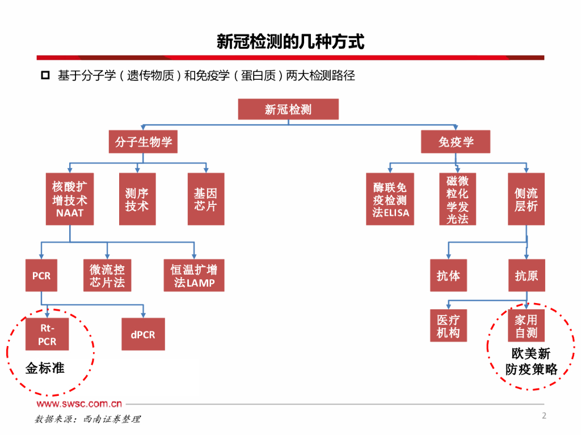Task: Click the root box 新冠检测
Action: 288,109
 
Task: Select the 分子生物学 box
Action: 143,142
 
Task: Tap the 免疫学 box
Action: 456,142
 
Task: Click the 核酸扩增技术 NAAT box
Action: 70,199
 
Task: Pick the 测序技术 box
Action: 137,199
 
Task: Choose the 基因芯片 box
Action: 205,199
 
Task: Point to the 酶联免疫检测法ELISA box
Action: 390,199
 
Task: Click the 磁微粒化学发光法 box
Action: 457,199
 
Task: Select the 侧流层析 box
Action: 526,199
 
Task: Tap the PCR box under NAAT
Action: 41,276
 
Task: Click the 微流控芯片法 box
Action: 107,276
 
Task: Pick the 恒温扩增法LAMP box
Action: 194,276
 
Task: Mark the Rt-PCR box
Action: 47,334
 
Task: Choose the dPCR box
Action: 143,334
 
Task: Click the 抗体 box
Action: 448,276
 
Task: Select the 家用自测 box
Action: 526,326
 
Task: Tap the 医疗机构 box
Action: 448,326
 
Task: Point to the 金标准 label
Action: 45,368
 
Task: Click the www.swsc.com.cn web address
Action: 79,404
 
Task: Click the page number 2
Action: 544,416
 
